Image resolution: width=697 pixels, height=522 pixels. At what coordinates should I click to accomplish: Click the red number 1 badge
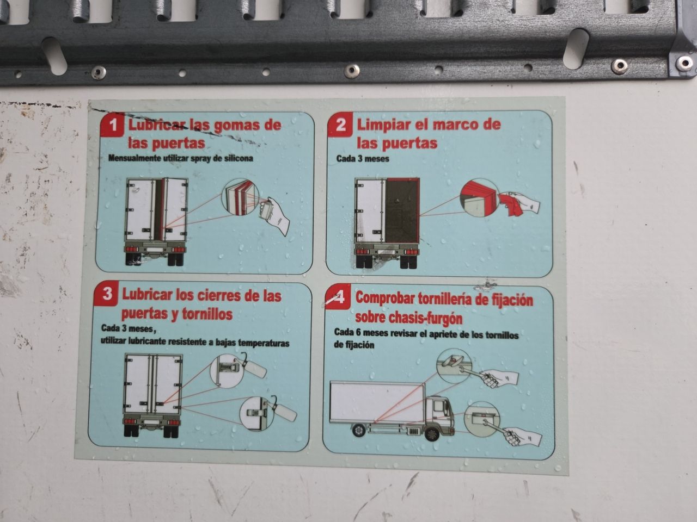tap(112, 125)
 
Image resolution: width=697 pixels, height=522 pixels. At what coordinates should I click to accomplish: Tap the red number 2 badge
tap(340, 125)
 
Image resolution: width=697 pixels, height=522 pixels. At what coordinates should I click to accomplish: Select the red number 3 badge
tap(107, 294)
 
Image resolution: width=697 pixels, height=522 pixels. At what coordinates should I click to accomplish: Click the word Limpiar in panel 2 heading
tap(383, 125)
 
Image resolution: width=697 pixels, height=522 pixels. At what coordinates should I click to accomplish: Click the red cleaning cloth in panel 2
tap(510, 204)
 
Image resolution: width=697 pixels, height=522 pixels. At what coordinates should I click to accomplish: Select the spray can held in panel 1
tap(266, 208)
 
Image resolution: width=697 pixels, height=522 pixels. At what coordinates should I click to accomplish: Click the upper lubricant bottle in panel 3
tap(255, 368)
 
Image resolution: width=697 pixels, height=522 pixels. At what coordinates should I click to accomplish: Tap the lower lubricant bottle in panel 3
tap(283, 411)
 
